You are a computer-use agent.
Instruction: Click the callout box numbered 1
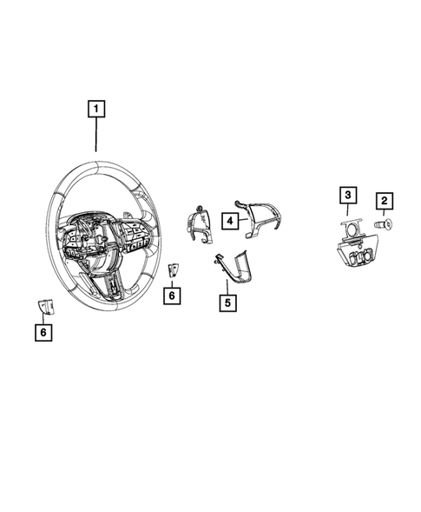click(95, 110)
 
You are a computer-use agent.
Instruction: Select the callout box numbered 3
click(347, 196)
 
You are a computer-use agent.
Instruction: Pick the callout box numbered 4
click(228, 221)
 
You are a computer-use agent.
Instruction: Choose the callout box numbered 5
click(227, 303)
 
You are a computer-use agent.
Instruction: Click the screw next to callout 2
click(383, 225)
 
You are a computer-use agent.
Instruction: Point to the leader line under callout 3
click(347, 212)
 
